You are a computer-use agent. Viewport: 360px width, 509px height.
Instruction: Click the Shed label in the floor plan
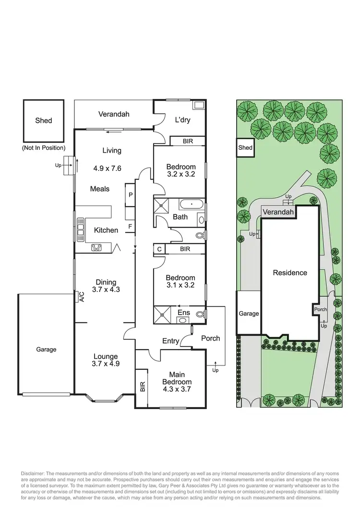44,121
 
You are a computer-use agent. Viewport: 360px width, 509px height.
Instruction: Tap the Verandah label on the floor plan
114,114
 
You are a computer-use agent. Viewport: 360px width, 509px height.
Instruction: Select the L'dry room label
182,120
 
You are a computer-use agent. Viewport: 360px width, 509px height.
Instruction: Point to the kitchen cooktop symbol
96,248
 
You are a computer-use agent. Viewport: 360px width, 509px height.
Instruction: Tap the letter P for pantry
130,194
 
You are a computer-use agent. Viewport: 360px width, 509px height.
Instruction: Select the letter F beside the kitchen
130,226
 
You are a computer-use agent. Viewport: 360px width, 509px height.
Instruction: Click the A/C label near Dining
81,297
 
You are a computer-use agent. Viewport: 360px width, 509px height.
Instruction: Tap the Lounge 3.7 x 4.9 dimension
106,364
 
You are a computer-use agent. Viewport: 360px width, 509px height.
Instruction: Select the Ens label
184,313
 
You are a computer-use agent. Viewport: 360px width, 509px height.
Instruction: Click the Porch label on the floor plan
210,338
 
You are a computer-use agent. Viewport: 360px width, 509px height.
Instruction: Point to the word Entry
170,341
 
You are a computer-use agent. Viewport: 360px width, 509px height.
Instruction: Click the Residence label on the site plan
289,273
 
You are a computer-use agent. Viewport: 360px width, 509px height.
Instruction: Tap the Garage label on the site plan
249,314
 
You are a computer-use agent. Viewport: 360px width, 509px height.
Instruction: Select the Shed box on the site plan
245,148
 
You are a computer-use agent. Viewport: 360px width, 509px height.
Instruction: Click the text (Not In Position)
44,148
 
